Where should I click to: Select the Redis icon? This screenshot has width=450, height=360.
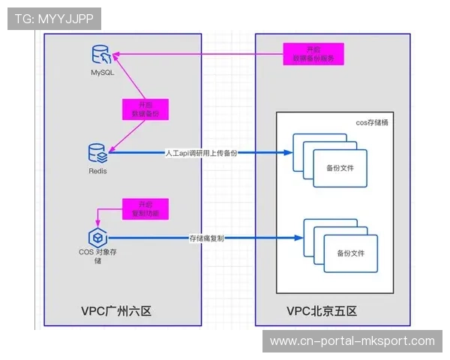coord(98,154)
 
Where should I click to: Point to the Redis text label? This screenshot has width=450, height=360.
coord(97,171)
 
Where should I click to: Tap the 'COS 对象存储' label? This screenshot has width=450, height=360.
coord(97,256)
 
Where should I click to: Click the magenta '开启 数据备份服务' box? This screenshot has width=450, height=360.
coord(313,54)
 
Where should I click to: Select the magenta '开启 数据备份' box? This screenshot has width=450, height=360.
coord(145,109)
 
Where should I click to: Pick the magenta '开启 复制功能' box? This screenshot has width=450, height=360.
coord(144,208)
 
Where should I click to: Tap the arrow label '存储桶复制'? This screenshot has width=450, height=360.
coord(207,238)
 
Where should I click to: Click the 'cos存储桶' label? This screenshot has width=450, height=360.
coord(370,122)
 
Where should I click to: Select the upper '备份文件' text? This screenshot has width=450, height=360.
coord(340,169)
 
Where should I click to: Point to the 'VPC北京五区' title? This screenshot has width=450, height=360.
coord(322,310)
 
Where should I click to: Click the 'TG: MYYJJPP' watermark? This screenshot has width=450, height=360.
coord(54,19)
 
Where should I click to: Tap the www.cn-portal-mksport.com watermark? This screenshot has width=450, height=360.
coord(352,341)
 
